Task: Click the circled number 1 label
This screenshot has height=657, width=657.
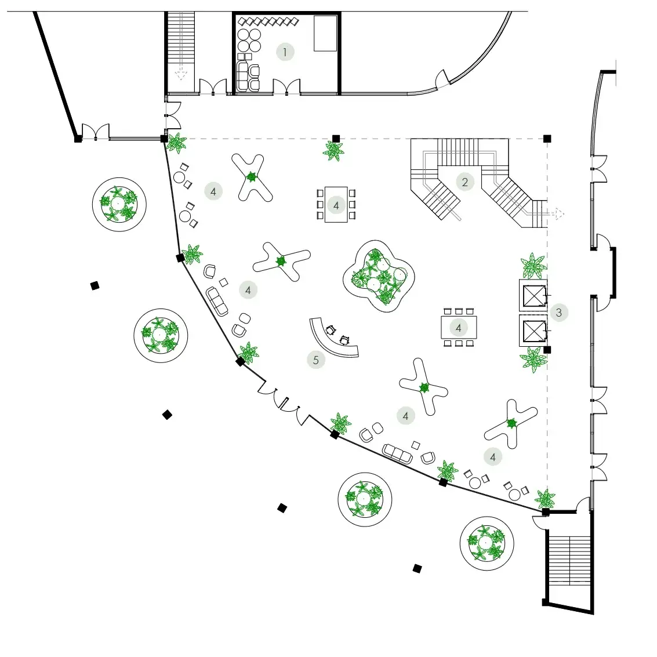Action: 284,52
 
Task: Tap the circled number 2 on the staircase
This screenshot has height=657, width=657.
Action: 464,182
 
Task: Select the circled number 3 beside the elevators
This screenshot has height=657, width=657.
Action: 558,313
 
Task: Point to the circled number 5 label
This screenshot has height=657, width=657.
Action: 315,360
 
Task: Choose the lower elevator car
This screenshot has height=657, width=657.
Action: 533,331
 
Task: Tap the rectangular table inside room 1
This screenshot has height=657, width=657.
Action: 325,34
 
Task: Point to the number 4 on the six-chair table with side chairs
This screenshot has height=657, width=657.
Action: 336,205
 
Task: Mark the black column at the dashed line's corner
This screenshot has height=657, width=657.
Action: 547,139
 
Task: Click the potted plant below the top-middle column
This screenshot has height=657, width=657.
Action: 333,151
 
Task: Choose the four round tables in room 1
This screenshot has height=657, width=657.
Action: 249,39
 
